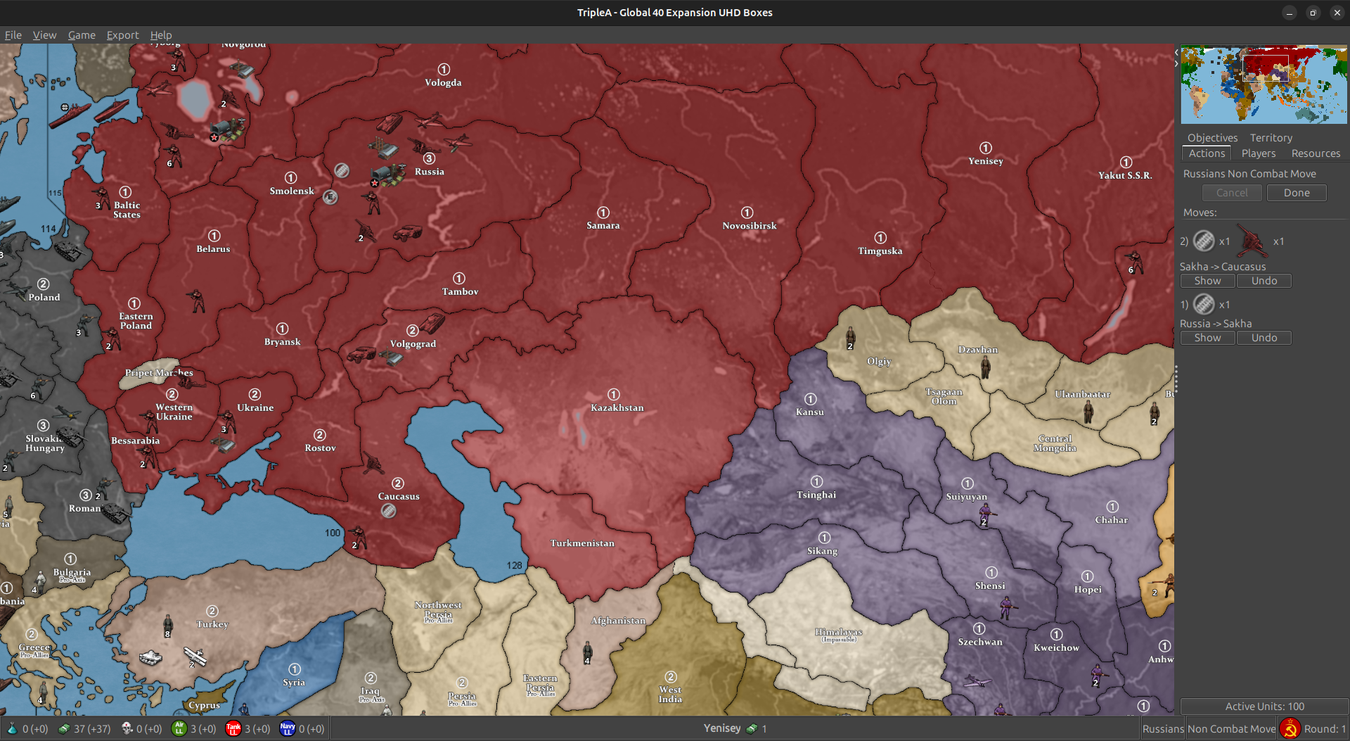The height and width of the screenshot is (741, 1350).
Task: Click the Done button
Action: (x=1296, y=193)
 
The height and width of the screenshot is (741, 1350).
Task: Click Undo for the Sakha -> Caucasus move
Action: (x=1264, y=281)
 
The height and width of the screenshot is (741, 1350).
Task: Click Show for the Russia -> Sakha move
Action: (x=1207, y=338)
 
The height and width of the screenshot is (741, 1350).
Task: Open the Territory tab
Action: (x=1271, y=138)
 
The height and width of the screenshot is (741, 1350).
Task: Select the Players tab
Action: (x=1258, y=153)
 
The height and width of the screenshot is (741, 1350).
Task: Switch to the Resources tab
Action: (x=1315, y=153)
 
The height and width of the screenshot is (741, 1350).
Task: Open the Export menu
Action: (x=122, y=35)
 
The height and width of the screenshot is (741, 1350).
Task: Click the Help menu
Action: (x=160, y=35)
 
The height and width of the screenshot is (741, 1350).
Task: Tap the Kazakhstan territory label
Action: (x=617, y=407)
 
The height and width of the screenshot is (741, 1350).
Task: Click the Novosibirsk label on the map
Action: (x=749, y=226)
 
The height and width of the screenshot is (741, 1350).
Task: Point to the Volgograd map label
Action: (x=413, y=344)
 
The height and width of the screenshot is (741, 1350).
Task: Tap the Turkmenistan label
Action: (x=582, y=543)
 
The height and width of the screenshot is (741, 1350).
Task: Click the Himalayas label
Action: (x=838, y=632)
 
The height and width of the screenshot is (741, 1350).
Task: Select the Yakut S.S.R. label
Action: (x=1124, y=175)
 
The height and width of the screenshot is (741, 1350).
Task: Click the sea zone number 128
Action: (x=515, y=565)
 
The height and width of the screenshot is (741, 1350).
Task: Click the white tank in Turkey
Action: (x=150, y=657)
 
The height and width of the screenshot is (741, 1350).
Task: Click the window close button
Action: (x=1337, y=13)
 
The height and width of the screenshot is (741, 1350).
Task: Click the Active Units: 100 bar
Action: (x=1264, y=706)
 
